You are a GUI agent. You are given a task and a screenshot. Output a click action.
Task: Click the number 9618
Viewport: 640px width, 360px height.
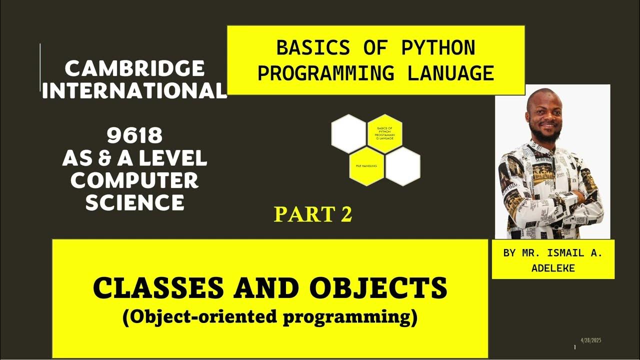coord(134,134)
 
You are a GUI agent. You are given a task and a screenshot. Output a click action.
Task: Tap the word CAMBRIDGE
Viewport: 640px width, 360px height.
coord(134,68)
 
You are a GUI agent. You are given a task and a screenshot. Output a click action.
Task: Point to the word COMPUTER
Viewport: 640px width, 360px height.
coord(134,180)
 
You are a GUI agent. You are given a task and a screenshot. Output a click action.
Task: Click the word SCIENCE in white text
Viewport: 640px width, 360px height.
coord(134,202)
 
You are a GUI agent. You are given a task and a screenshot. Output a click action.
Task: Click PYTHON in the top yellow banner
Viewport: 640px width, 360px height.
coord(437,48)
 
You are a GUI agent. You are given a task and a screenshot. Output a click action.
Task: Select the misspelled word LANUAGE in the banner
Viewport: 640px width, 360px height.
coord(450,73)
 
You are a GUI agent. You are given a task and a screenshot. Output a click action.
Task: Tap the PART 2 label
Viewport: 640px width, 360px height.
coord(313,214)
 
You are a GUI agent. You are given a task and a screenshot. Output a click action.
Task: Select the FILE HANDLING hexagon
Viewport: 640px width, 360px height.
coord(366,165)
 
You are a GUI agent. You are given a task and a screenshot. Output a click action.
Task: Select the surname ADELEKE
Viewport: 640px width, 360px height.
coord(553,268)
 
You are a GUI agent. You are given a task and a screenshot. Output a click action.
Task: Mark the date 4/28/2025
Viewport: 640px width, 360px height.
coord(590,340)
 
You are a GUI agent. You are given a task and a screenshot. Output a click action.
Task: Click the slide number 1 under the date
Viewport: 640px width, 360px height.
coord(575,347)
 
